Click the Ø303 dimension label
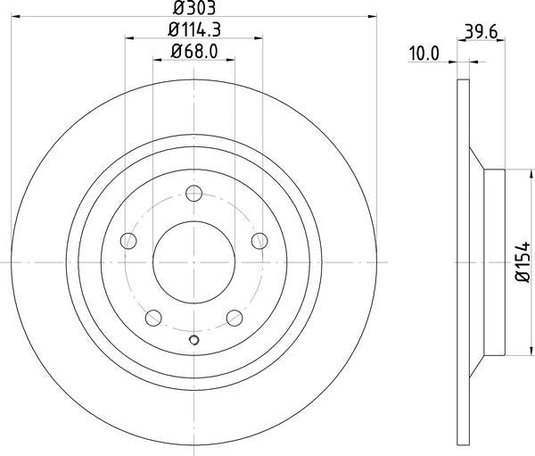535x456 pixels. tap(194, 8)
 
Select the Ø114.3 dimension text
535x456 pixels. tap(194, 29)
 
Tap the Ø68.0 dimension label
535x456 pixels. tap(194, 52)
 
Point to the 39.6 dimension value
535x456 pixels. tap(481, 32)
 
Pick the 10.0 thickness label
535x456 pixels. tap(424, 54)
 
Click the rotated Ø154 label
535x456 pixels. tap(523, 262)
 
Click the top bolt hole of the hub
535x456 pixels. tap(194, 194)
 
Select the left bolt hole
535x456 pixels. tap(128, 241)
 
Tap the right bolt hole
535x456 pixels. tap(259, 241)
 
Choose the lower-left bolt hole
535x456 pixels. tap(153, 318)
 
